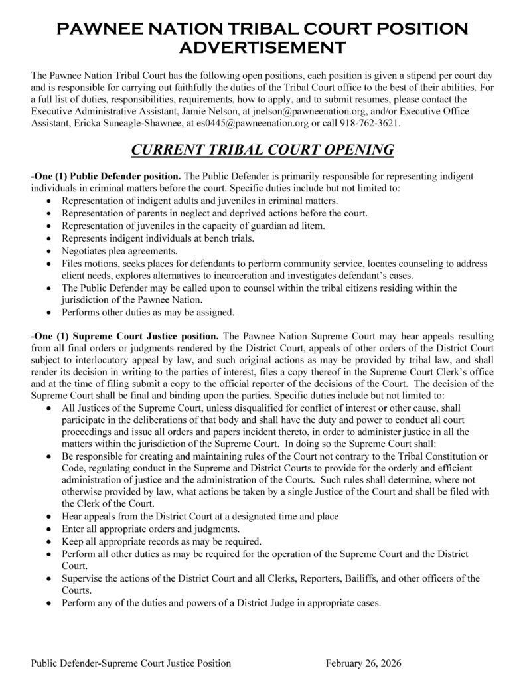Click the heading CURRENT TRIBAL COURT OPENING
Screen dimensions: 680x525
pyautogui.click(x=262, y=151)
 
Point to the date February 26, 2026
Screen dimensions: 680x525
pyautogui.click(x=364, y=663)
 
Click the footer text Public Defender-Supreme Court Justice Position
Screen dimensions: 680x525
pyautogui.click(x=131, y=663)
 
